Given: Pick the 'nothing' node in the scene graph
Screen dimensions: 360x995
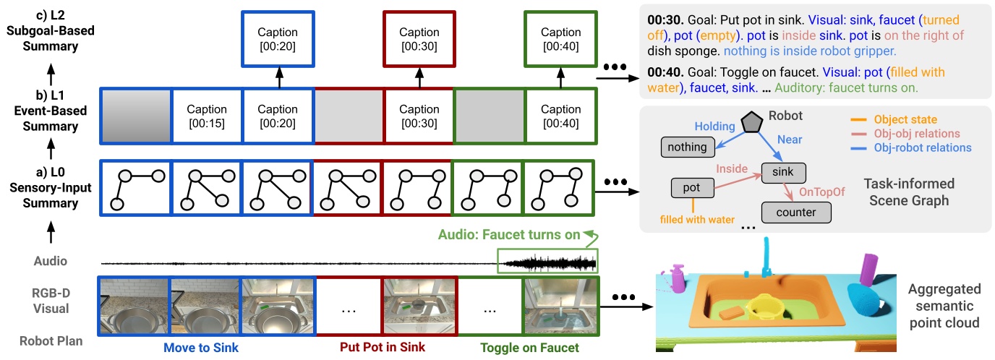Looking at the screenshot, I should pos(687,147).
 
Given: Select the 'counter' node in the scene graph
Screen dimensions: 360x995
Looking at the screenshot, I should pos(795,213).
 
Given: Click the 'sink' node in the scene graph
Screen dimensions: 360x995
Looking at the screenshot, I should pos(783,172).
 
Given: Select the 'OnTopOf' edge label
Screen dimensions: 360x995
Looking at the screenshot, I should pos(821,192).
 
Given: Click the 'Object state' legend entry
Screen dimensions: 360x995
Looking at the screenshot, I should pos(905,119).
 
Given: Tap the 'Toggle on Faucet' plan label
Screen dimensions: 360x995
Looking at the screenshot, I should pos(529,347).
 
